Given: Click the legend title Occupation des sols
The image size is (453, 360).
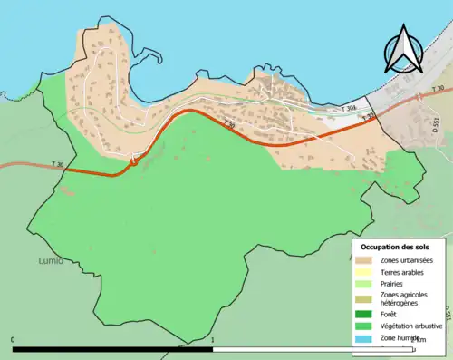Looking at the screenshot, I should (x=395, y=247).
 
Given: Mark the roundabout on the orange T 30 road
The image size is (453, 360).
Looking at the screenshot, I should (x=133, y=161).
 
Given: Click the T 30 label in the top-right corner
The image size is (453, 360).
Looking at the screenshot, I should (x=438, y=89).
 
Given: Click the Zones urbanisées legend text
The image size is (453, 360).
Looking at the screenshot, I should (x=407, y=261).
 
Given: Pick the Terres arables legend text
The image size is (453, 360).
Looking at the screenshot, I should (x=404, y=272).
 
